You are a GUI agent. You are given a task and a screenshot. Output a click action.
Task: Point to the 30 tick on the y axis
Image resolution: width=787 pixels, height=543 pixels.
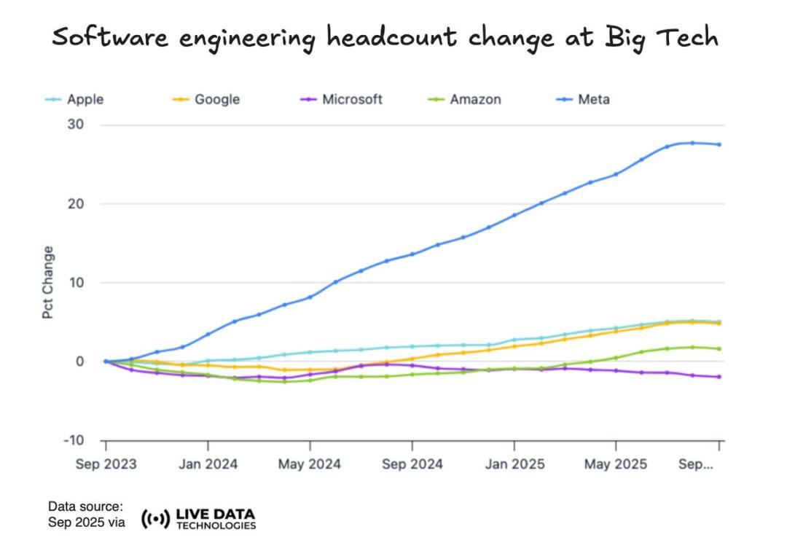(x=77, y=125)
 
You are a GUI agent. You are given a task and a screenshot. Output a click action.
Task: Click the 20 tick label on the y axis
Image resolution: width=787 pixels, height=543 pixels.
(x=77, y=203)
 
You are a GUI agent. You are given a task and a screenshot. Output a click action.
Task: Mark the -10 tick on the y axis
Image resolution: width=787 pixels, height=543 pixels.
(x=74, y=440)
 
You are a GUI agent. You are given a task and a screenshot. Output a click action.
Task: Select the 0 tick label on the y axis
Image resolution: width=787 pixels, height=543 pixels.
(x=80, y=362)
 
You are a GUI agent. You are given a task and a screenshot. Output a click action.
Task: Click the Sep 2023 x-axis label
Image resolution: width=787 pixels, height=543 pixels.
(x=106, y=464)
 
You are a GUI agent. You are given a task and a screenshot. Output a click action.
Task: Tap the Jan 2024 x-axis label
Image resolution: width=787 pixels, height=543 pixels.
(x=208, y=464)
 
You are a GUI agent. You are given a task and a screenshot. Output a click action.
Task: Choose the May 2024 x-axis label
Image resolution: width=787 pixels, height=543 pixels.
(x=310, y=464)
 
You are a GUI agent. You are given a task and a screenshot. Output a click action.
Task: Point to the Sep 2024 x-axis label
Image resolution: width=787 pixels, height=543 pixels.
(x=412, y=464)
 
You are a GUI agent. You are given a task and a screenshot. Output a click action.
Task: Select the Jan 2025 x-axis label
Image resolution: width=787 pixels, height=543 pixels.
(x=514, y=464)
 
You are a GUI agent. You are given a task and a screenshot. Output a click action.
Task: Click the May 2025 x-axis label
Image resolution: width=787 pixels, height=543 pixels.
(x=616, y=464)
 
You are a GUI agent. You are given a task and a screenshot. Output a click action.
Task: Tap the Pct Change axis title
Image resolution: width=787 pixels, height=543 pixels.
(x=48, y=282)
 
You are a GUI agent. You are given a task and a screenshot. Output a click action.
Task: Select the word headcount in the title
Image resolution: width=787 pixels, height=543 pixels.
(x=393, y=36)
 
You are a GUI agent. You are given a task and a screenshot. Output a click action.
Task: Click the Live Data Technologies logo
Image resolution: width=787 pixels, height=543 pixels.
(x=198, y=519)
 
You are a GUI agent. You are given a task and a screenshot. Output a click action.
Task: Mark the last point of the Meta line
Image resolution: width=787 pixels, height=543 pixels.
(x=719, y=144)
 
